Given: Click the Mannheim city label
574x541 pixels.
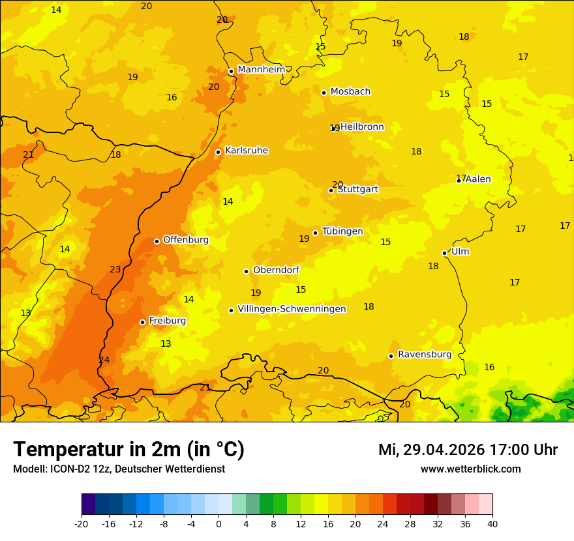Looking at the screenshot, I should (x=261, y=70).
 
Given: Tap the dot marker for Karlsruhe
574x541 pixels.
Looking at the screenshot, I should (x=218, y=152).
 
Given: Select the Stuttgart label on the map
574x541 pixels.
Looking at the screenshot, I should (x=357, y=190).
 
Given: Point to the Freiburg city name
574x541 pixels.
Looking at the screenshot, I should (x=167, y=321).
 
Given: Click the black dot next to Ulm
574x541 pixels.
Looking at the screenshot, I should (x=444, y=253).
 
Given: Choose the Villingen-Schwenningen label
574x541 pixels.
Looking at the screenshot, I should (x=292, y=309).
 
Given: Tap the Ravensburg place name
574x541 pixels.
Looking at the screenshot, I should (x=425, y=355).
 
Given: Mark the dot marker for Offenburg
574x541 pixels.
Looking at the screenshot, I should (x=157, y=241).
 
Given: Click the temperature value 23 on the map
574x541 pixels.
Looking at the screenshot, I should (x=115, y=269).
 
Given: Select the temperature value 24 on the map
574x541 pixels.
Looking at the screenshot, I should (x=104, y=360).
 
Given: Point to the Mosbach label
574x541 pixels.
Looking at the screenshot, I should (x=350, y=92).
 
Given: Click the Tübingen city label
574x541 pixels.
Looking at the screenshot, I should (x=342, y=231).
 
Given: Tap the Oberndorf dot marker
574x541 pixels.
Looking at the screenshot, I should (x=246, y=271).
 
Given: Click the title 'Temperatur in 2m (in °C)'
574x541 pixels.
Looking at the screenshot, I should (x=128, y=449).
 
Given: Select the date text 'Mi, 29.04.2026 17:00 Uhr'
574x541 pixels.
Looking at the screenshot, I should (x=468, y=450).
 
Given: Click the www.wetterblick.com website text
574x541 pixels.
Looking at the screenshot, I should (x=470, y=469).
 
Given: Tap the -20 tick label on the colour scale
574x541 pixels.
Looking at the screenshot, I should (x=82, y=523).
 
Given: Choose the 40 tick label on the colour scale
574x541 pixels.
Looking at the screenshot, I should (x=492, y=523).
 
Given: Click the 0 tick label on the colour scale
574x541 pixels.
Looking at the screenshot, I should (x=219, y=523).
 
